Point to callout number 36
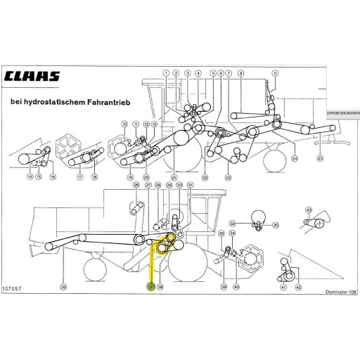[x=64, y=287]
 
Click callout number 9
[x=274, y=73]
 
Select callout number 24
[x=295, y=160]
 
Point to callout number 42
[x=298, y=287]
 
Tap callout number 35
[x=276, y=225]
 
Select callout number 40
[x=236, y=287]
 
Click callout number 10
[x=124, y=124]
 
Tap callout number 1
[x=166, y=73]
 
